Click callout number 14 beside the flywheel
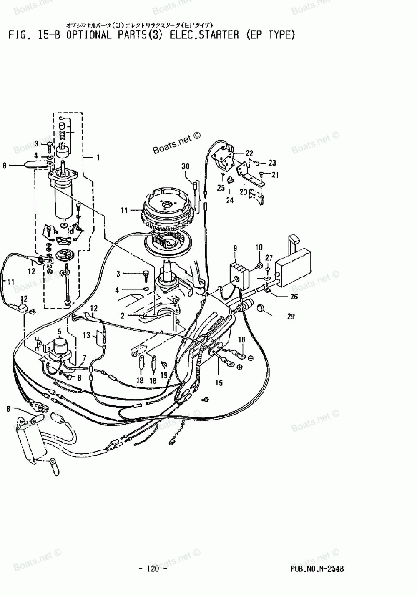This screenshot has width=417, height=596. click(x=124, y=211)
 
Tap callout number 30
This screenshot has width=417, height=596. click(x=185, y=166)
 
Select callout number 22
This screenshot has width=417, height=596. click(x=249, y=153)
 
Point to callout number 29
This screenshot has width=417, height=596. click(x=291, y=317)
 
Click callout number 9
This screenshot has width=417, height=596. click(x=235, y=249)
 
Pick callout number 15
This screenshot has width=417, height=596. click(x=219, y=383)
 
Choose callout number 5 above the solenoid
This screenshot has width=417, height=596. click(x=59, y=332)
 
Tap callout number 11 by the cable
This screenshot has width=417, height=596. click(x=11, y=282)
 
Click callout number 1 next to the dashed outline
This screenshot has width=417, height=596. click(x=98, y=158)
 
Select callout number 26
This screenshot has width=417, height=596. click(x=294, y=297)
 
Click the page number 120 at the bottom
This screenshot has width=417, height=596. click(x=153, y=568)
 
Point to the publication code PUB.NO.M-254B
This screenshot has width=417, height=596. click(x=318, y=568)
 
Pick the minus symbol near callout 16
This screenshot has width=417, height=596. click(x=251, y=358)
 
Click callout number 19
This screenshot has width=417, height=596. click(x=164, y=376)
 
